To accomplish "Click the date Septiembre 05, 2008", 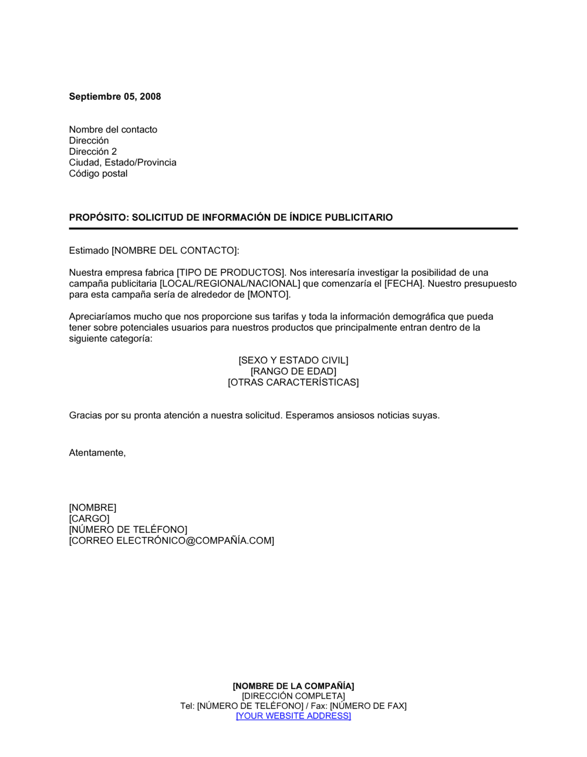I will (114, 96).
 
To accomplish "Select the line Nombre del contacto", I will (113, 130).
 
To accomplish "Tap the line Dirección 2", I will (93, 151).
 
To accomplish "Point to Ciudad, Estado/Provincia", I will (122, 163).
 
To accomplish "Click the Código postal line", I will (98, 174).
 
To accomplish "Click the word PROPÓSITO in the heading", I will (97, 217).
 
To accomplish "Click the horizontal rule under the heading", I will (293, 228).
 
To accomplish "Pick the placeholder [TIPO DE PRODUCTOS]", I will (230, 272).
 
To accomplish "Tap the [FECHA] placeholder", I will (403, 283).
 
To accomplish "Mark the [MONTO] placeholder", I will (268, 295).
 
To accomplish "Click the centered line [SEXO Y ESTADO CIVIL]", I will (293, 360).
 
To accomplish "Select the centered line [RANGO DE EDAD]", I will (293, 371).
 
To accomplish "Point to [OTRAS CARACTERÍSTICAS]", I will (293, 383).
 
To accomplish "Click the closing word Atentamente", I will (97, 453).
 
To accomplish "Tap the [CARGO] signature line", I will (89, 519).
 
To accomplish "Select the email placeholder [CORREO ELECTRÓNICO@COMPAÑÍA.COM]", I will (171, 540).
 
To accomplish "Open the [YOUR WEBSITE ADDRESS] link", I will (293, 716).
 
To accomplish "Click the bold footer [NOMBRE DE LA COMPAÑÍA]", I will (293, 686).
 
